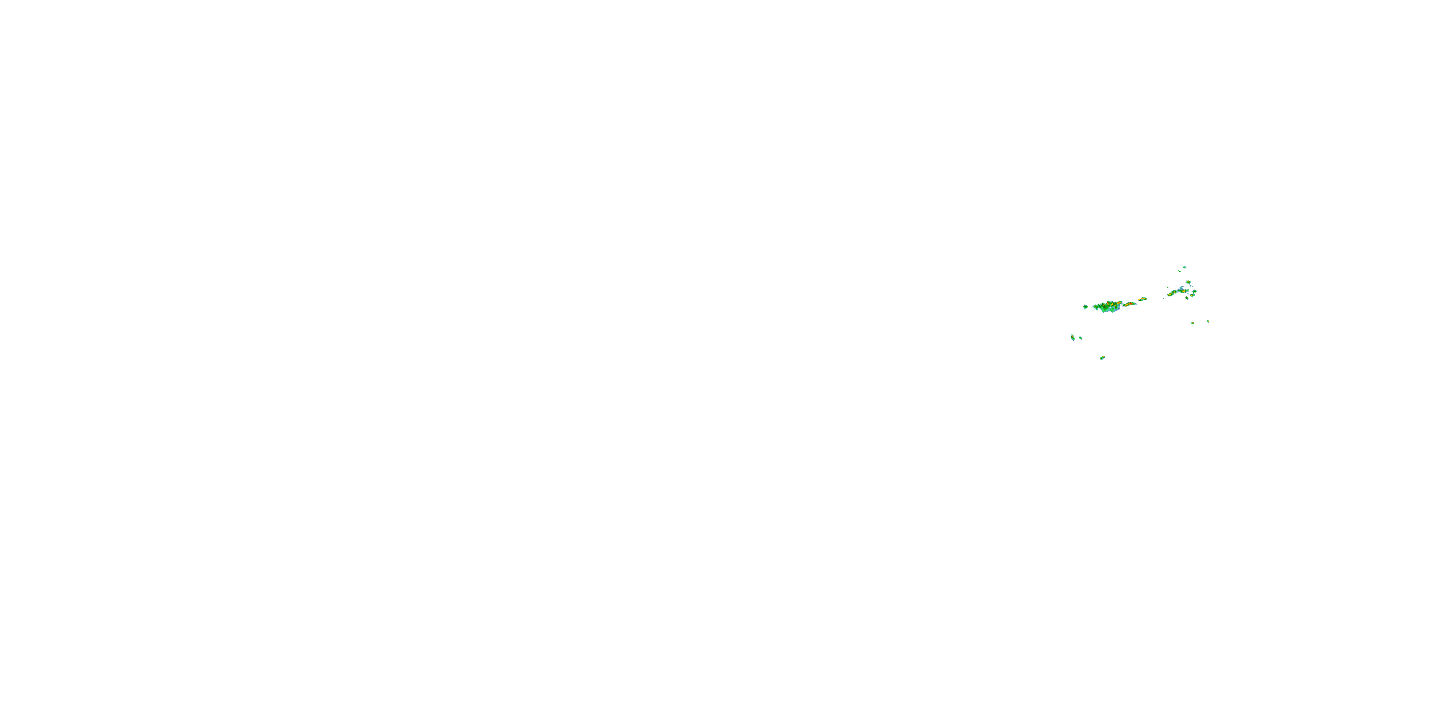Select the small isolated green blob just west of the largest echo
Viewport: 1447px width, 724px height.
(x=1086, y=307)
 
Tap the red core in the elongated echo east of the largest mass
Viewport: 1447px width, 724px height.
(x=1130, y=304)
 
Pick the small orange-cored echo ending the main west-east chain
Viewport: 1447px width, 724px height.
(x=1143, y=299)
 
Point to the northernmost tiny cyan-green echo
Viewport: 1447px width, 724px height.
(x=1185, y=267)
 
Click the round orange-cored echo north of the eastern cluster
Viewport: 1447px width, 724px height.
(x=1188, y=282)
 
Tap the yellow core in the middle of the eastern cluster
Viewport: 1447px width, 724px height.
(x=1184, y=292)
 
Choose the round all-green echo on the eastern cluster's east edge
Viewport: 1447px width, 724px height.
(x=1195, y=292)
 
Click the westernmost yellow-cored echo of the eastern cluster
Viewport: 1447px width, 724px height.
(x=1170, y=295)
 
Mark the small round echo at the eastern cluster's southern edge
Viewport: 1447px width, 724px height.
(x=1187, y=298)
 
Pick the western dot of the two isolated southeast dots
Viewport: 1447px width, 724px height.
(x=1192, y=323)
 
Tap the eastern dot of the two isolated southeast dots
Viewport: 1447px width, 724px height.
(x=1208, y=321)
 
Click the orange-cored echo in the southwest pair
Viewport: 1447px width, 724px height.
(x=1073, y=337)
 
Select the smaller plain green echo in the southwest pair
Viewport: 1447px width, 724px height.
(x=1081, y=338)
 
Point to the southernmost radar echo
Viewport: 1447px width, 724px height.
(x=1102, y=358)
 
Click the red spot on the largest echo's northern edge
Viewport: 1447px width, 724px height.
(x=1108, y=303)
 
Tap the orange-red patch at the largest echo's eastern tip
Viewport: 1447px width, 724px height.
(x=1119, y=303)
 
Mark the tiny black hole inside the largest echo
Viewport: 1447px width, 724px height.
(x=1110, y=308)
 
